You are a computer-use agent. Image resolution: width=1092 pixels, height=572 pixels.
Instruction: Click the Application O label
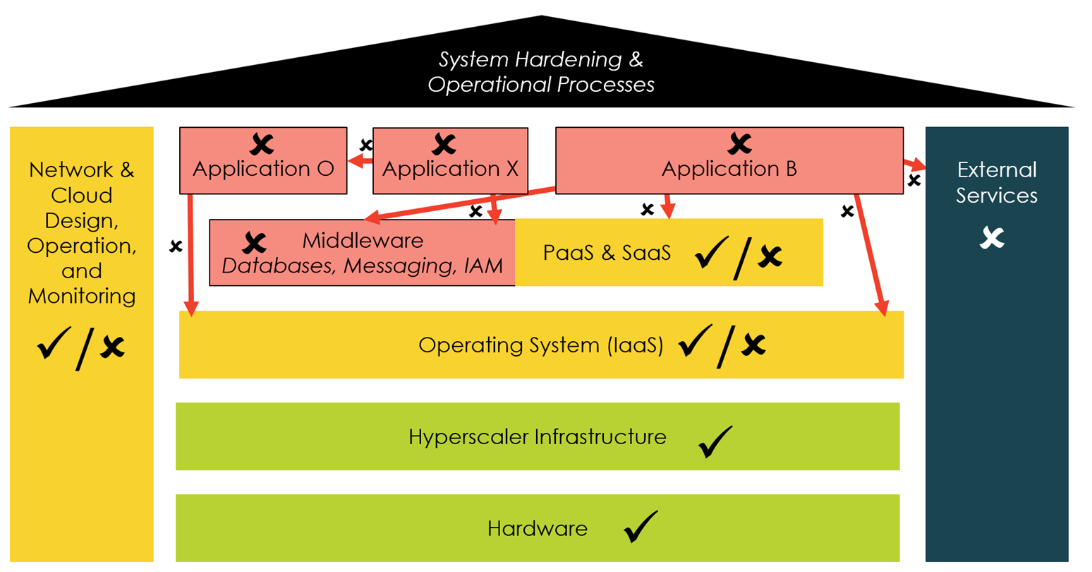[x=263, y=169]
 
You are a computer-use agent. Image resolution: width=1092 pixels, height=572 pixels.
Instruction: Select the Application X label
[x=450, y=169]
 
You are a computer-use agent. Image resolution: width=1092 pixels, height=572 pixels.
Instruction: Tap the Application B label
[x=729, y=169]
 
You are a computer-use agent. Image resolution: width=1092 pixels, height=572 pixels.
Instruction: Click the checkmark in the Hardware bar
[x=641, y=527]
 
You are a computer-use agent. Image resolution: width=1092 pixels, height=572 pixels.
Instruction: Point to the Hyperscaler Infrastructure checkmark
[x=715, y=442]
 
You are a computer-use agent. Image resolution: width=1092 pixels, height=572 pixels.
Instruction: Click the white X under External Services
[x=992, y=238]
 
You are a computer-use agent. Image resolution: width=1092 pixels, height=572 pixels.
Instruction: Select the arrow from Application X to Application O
[x=360, y=162]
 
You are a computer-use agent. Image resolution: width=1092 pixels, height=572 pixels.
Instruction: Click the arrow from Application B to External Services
[x=914, y=165]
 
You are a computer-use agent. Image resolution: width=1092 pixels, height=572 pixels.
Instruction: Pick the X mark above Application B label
[x=739, y=144]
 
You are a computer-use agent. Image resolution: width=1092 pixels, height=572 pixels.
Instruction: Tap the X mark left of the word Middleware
[x=254, y=244]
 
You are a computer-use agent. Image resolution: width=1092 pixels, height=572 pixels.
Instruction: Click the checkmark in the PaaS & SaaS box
[x=711, y=253]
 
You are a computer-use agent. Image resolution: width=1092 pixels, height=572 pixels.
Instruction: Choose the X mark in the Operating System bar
[x=754, y=345]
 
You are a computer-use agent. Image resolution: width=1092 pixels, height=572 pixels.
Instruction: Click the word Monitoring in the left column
[x=82, y=296]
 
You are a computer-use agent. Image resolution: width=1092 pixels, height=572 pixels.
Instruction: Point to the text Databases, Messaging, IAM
[x=362, y=266]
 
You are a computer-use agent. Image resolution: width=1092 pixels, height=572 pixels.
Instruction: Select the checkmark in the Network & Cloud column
[x=54, y=344]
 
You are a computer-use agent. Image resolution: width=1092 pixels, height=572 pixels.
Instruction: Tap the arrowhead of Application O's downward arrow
[x=190, y=308]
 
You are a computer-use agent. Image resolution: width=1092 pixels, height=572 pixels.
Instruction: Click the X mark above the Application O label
[x=262, y=145]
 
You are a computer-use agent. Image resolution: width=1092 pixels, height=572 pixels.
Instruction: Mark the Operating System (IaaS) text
[x=540, y=345]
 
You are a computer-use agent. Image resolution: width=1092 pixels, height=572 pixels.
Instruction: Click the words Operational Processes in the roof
[x=540, y=85]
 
